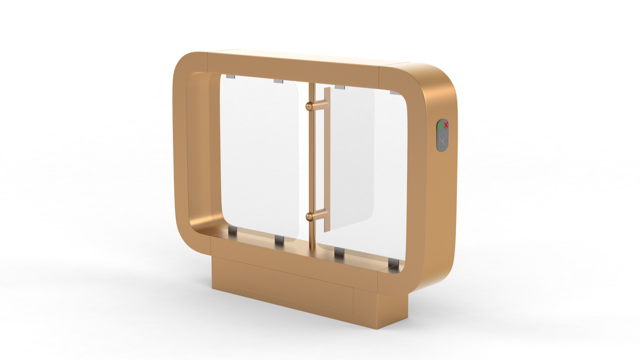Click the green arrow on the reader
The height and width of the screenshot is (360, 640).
point(440,126)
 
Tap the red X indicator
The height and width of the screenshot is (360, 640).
point(446,125)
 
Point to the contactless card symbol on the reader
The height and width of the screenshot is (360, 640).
point(443,140)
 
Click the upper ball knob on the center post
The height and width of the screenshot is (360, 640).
point(310,106)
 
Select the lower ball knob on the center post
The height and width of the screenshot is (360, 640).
point(310,217)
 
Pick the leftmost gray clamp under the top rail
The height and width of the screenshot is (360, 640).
point(230,77)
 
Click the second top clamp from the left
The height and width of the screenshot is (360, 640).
point(278,81)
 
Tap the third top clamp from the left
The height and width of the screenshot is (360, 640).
point(339,87)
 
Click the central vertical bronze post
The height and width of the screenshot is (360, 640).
point(312,160)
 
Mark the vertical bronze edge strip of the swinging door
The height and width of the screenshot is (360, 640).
point(327,160)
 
